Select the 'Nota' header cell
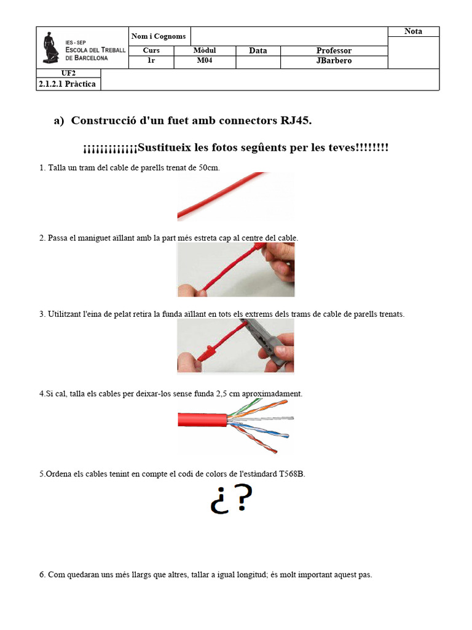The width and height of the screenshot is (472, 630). [x=413, y=31]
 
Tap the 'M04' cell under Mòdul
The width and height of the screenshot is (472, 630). [x=204, y=61]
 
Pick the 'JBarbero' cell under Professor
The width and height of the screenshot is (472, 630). [x=334, y=61]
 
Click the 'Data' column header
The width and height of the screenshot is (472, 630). [x=258, y=50]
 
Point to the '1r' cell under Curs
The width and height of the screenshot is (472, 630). [x=151, y=61]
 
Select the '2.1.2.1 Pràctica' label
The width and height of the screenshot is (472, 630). [x=67, y=84]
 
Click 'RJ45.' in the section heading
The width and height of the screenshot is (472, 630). [x=296, y=121]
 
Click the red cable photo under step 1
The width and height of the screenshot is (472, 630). [x=235, y=196]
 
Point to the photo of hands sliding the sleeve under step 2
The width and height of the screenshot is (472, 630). [x=235, y=269]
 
